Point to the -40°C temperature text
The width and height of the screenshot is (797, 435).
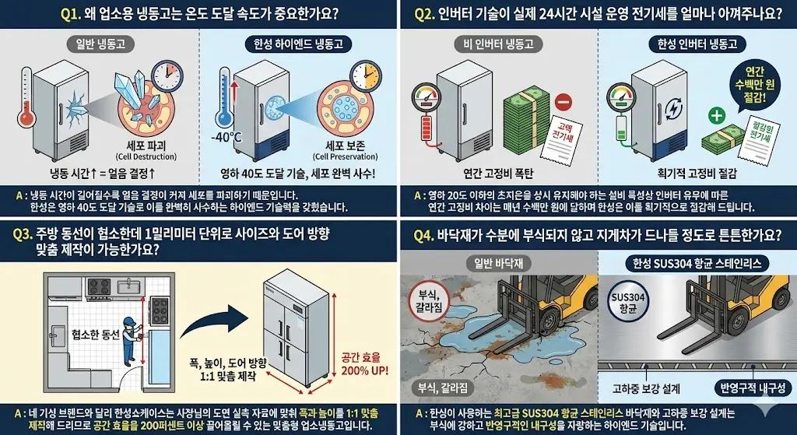pyautogui.click(x=226, y=137)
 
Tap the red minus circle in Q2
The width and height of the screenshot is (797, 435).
pyautogui.click(x=564, y=102)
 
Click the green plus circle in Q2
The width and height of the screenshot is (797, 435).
pyautogui.click(x=715, y=118)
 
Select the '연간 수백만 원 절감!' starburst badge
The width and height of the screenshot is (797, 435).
pyautogui.click(x=748, y=84)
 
